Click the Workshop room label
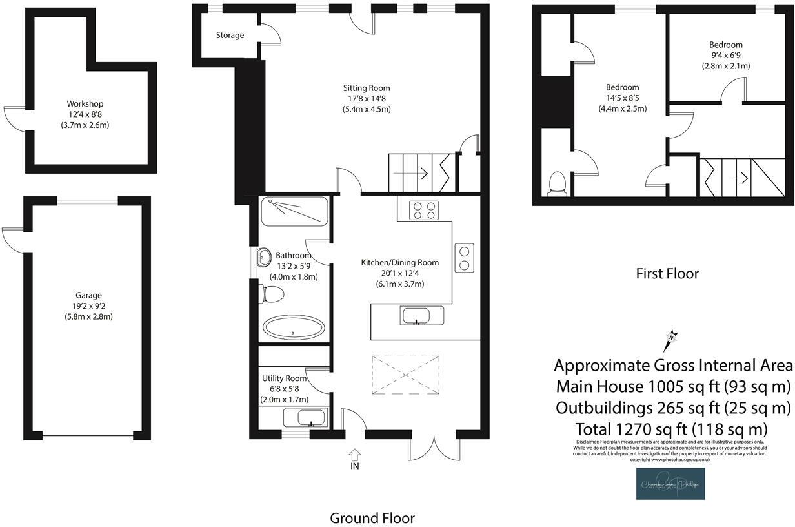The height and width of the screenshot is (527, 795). (x=85, y=103)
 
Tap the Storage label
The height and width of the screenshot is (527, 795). (x=230, y=35)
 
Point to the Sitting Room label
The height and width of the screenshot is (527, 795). (x=366, y=88)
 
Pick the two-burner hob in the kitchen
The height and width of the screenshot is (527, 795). (x=464, y=258)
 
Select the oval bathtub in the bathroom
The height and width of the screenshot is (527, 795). (x=294, y=328)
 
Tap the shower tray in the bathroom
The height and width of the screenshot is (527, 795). (x=294, y=211)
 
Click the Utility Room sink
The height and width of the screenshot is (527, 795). (x=305, y=418)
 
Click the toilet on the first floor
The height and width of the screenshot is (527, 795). (x=556, y=183)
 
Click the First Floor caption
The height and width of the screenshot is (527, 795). (x=667, y=273)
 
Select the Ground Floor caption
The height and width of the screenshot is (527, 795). (x=372, y=518)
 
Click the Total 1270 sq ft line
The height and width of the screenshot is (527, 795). (x=671, y=428)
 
